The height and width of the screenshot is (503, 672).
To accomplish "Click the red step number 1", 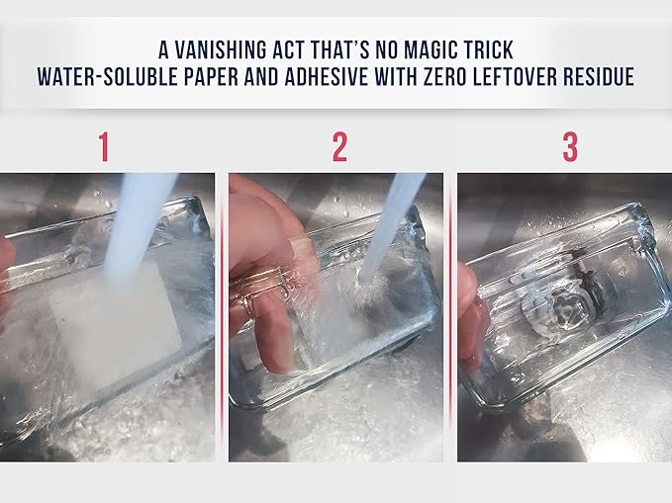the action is click(x=104, y=147).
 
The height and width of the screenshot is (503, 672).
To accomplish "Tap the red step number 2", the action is click(x=339, y=147).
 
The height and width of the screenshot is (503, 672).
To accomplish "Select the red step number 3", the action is click(x=570, y=147).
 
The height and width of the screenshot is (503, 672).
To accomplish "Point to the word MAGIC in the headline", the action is click(x=432, y=50).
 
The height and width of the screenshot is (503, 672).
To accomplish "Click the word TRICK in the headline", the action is click(x=490, y=50).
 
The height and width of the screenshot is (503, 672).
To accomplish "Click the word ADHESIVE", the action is click(x=328, y=77).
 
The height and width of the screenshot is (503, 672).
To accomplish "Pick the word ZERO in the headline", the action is click(x=444, y=77).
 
